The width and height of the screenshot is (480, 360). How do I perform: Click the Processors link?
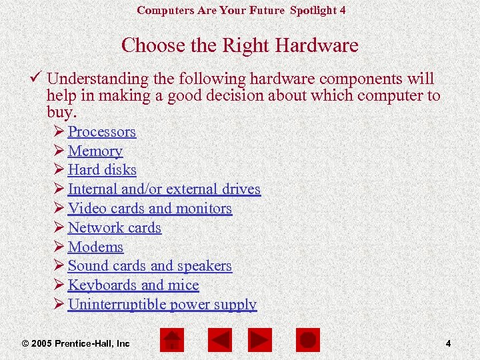point(101,132)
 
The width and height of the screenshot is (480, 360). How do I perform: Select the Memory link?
point(95,151)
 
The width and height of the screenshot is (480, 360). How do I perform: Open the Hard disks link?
point(102,170)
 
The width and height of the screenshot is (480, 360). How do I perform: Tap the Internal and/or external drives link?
point(164,189)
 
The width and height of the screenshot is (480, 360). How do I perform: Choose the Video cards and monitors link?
point(149,209)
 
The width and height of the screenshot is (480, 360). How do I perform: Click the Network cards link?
point(115,228)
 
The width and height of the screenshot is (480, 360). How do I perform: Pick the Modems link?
point(95,247)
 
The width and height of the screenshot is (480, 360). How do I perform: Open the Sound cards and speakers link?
point(149,266)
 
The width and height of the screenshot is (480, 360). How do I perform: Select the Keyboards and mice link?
point(133,285)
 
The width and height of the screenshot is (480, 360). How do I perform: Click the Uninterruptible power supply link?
point(162,305)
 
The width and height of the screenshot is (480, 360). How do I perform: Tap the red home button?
point(173,340)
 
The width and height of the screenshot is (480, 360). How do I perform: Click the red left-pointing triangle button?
point(219,340)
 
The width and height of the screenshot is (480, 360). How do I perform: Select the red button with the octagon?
point(307,340)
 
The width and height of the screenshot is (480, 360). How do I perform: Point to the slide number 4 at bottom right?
point(448,343)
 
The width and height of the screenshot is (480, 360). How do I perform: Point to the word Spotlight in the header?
point(313,10)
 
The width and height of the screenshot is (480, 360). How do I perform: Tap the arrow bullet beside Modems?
point(58,247)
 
